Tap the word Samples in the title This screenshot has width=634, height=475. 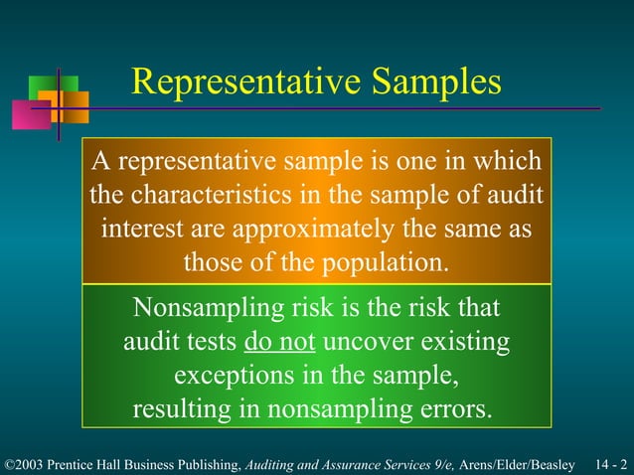coord(433,82)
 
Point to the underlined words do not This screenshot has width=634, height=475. coord(279,343)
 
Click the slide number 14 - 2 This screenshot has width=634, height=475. coord(611,464)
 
